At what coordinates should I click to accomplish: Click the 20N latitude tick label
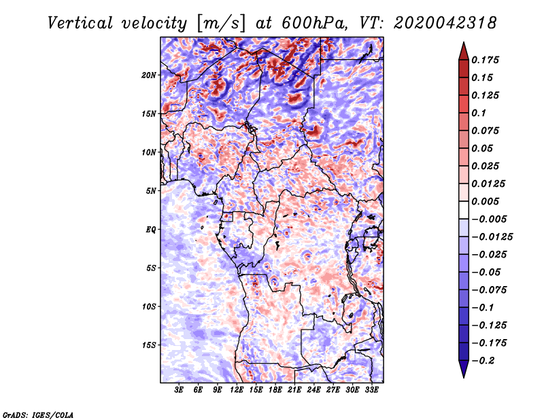(150, 75)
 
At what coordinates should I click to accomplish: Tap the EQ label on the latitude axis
(151, 230)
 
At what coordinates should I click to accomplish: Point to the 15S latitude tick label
(150, 345)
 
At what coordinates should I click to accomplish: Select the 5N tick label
(152, 191)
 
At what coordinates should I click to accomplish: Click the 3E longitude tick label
(180, 390)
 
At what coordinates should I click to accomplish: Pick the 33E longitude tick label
(371, 390)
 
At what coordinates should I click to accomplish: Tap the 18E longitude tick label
(275, 390)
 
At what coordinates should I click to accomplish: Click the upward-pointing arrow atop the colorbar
(462, 50)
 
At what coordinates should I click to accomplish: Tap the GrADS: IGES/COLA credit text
(38, 414)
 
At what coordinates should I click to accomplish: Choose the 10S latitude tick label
(150, 307)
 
